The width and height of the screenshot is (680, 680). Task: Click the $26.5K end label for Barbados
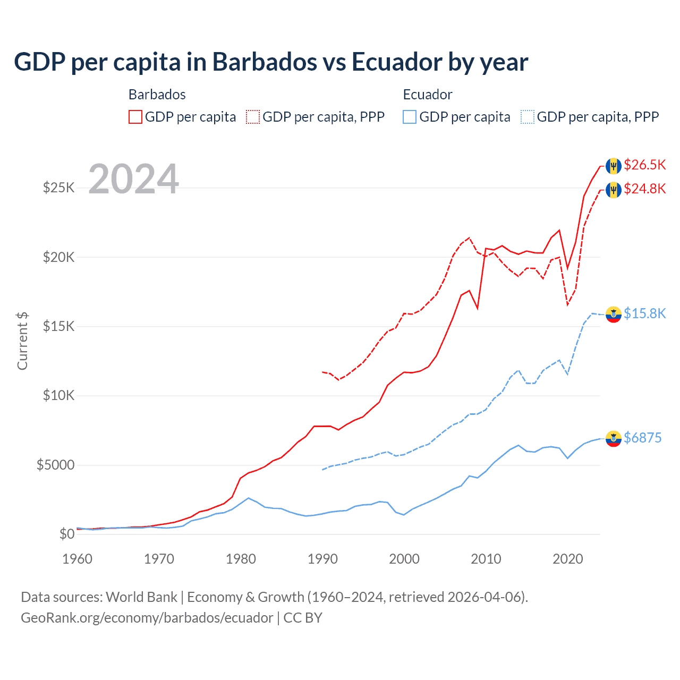click(644, 165)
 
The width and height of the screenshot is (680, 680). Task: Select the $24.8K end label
click(644, 189)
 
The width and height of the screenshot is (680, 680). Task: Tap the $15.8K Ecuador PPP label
click(644, 313)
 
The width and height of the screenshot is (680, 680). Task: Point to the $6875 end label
click(642, 438)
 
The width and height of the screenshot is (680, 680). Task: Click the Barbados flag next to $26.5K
click(614, 166)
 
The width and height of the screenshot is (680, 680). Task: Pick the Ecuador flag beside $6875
click(614, 439)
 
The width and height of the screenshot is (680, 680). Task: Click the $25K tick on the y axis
click(58, 188)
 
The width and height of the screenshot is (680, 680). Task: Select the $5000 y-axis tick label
click(55, 465)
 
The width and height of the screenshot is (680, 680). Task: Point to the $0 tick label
click(66, 534)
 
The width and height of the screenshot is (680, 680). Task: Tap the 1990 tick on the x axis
click(322, 559)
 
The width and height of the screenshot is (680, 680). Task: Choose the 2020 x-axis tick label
click(568, 559)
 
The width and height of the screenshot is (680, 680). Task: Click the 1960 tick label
click(78, 559)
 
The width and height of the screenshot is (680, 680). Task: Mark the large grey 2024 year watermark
click(133, 179)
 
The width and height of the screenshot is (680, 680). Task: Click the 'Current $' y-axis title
click(22, 341)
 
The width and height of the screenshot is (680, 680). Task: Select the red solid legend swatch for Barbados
click(135, 117)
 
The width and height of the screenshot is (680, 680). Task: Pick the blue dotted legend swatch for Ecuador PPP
click(528, 117)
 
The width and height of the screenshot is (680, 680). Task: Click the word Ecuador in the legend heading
click(428, 95)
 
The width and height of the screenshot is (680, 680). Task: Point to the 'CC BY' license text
click(303, 618)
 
